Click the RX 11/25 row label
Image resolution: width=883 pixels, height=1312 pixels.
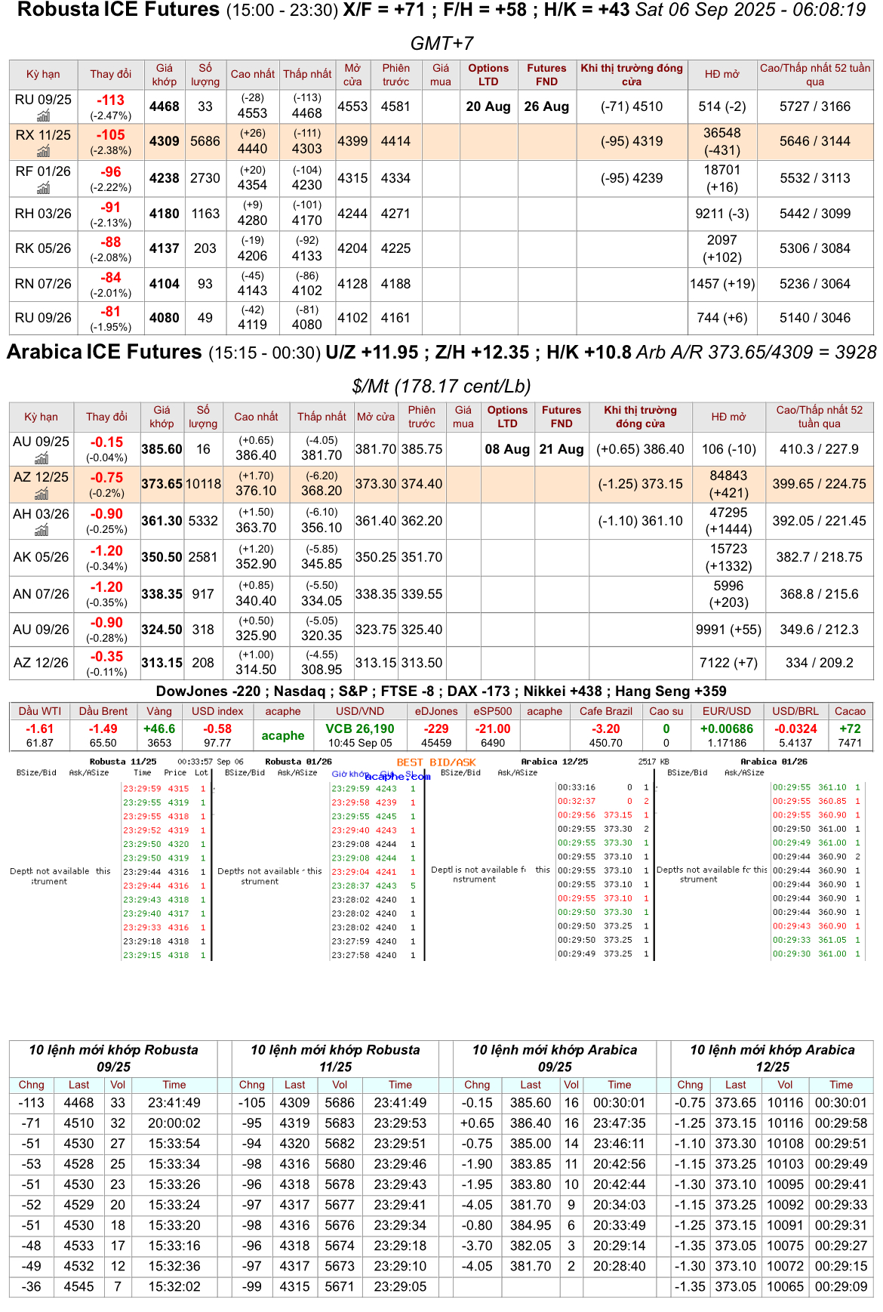click(43, 135)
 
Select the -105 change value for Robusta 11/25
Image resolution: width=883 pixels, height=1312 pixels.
click(111, 135)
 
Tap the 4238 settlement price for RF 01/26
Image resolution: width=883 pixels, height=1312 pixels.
click(164, 178)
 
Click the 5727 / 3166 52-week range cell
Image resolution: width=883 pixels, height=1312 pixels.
click(814, 106)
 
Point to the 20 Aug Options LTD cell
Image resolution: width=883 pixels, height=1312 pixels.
click(488, 106)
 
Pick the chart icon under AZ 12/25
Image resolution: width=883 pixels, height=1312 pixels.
click(42, 494)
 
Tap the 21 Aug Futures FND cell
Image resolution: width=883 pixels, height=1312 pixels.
click(561, 449)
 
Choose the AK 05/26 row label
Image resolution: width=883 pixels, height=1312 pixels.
click(41, 557)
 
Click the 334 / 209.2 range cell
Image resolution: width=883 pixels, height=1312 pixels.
click(819, 663)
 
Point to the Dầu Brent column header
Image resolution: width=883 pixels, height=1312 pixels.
click(103, 711)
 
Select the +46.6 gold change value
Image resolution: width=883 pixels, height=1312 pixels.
click(159, 728)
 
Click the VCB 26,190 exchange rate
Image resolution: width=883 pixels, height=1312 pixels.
click(360, 728)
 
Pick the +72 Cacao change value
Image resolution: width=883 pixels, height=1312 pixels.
click(850, 728)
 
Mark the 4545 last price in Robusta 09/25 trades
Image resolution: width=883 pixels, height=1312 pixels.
click(78, 1286)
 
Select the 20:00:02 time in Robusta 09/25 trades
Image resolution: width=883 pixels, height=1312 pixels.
click(174, 1123)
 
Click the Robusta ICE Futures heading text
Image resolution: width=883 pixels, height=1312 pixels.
click(118, 10)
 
